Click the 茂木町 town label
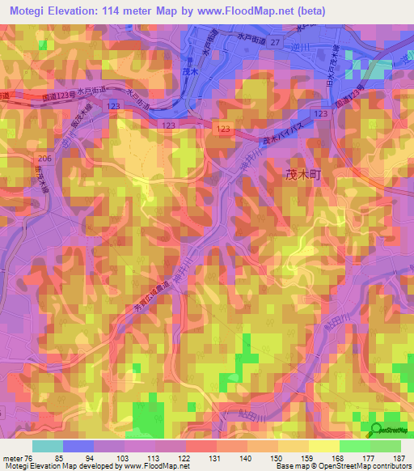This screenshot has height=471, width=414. [x=303, y=173]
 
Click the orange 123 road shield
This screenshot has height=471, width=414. [x=223, y=129]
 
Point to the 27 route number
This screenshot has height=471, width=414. [x=275, y=41]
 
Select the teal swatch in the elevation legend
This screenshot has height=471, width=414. [x=47, y=446]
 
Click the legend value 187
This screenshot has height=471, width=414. [x=399, y=458]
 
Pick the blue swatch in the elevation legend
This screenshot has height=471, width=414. [x=78, y=446]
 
